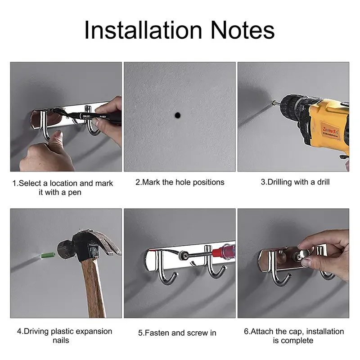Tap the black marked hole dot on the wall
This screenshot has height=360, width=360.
[179, 115]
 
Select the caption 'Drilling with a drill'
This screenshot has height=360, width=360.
[295, 182]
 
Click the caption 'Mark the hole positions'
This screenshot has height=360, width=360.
[180, 182]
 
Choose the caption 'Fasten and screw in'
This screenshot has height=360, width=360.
[177, 333]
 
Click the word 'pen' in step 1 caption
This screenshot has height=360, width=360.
[74, 193]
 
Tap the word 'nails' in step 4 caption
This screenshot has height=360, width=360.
[61, 341]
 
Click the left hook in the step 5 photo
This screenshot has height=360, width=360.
[164, 270]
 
